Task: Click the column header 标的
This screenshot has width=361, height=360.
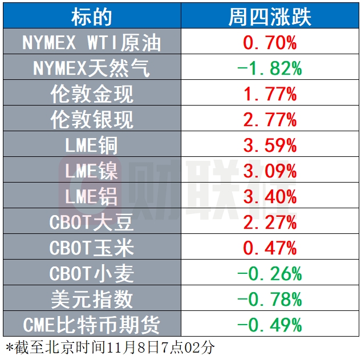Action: click(x=92, y=17)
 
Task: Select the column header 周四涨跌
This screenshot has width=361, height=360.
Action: click(x=270, y=17)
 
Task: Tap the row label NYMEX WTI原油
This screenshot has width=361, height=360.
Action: click(x=92, y=43)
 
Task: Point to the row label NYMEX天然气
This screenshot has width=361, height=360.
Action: click(x=92, y=68)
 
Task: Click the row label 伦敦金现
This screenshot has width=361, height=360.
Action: click(x=92, y=94)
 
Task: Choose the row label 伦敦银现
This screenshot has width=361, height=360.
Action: click(x=92, y=120)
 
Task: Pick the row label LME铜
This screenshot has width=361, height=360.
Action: click(x=92, y=145)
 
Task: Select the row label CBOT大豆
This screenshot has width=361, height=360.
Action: click(x=92, y=222)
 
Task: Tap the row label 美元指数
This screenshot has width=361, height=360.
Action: click(x=92, y=299)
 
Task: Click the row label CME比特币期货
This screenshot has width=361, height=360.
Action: click(x=92, y=325)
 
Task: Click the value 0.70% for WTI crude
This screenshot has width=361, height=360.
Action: click(x=270, y=43)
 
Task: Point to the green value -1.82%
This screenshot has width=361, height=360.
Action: click(x=270, y=68)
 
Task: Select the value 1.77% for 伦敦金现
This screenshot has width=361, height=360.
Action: click(x=270, y=94)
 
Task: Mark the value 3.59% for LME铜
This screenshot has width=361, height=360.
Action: click(x=270, y=145)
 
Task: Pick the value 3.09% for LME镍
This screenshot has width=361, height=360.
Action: click(x=270, y=171)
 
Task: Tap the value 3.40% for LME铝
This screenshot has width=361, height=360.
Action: click(x=270, y=197)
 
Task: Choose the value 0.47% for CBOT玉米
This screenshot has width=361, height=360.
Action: click(x=270, y=248)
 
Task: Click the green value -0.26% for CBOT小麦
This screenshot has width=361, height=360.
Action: click(x=270, y=273)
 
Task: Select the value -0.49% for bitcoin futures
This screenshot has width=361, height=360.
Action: click(x=270, y=325)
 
